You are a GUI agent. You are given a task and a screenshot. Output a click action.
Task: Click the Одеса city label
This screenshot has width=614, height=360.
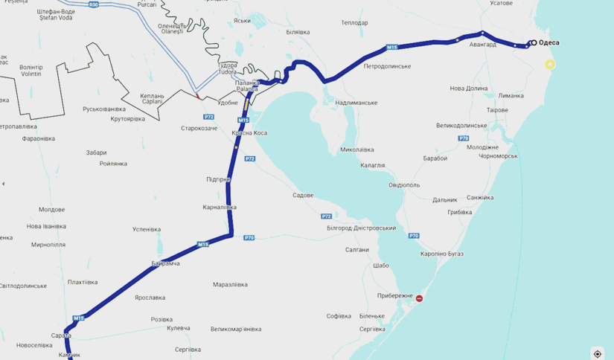point(549,43)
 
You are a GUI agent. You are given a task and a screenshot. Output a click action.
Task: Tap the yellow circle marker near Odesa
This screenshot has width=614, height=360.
point(550,65)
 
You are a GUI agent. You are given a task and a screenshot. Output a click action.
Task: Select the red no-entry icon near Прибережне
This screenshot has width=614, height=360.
point(420,299)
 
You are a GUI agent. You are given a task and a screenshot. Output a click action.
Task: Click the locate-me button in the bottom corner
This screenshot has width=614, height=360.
point(597,354)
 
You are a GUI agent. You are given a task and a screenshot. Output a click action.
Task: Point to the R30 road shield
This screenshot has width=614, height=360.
point(93,5)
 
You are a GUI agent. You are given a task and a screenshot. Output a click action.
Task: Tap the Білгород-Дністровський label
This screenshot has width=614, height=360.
point(362,228)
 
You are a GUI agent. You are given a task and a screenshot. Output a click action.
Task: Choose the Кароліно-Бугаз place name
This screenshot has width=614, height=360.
point(441,254)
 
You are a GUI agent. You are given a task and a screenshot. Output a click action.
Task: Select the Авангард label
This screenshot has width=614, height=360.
point(482,45)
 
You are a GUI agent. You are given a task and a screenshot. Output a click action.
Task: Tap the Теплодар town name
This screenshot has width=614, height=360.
point(354,23)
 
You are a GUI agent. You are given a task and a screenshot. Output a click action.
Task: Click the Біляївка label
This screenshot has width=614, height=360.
point(298,32)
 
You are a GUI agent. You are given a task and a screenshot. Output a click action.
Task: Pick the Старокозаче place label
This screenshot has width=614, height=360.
point(199,129)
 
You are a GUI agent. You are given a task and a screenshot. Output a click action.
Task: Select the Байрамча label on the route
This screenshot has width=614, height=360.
point(165,263)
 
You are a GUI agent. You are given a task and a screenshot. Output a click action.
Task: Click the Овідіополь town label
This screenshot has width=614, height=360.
point(404,185)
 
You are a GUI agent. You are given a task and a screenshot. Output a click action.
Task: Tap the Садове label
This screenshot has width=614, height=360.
point(303,196)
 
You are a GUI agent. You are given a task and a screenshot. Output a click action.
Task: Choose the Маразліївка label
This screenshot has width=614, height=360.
point(230,284)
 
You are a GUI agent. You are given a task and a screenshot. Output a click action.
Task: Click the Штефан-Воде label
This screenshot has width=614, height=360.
point(57,15)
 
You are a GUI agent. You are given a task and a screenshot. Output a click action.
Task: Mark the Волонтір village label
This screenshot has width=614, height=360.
point(31,71)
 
